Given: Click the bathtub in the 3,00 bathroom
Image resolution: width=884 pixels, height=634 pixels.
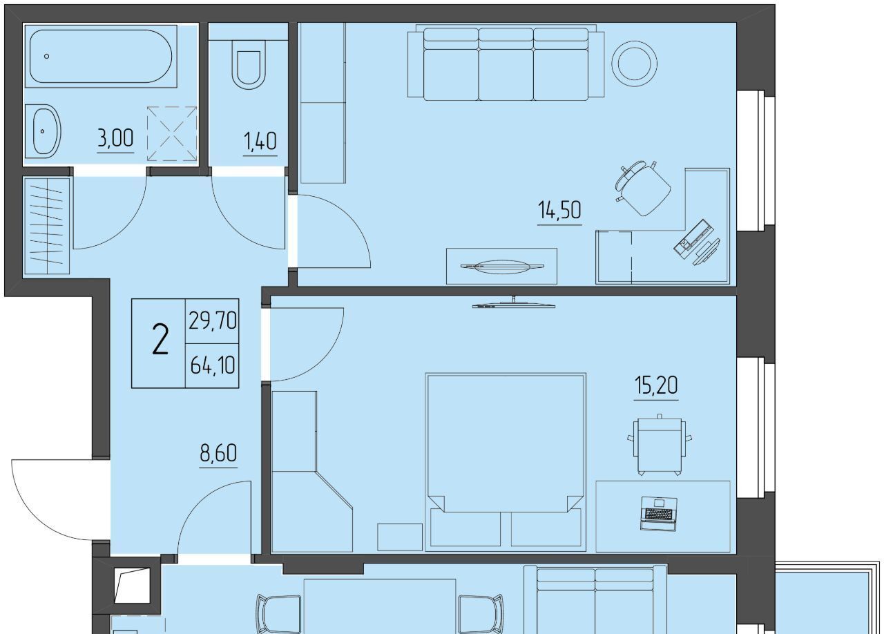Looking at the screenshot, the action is (x=101, y=56).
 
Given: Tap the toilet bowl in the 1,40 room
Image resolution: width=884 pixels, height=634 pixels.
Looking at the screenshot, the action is (x=249, y=65).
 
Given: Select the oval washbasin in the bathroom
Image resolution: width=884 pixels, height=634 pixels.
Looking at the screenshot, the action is (x=43, y=131).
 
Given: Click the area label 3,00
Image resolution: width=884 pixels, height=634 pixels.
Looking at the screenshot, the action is (x=115, y=139).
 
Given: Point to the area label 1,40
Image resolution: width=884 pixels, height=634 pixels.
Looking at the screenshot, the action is (x=260, y=142).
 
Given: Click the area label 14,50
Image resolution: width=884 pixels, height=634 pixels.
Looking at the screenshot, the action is (x=559, y=210).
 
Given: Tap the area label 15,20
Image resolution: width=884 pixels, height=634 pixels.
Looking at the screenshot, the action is (x=656, y=385).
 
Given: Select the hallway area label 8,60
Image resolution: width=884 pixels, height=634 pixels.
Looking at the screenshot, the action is (x=218, y=453).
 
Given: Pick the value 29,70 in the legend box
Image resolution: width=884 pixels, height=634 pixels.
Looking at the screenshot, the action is (x=212, y=320).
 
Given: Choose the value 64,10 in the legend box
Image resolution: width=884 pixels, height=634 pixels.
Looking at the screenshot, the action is (x=212, y=365).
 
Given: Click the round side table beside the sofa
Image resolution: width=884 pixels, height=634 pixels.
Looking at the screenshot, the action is (x=634, y=64).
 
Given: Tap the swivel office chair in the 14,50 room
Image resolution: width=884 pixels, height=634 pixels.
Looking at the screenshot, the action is (x=643, y=188).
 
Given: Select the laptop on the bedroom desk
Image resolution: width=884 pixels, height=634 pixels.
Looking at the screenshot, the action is (x=659, y=513).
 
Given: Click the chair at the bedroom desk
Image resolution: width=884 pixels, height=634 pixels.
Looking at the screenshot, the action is (x=660, y=445).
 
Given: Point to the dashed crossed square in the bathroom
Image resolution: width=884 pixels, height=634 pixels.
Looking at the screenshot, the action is (x=172, y=133).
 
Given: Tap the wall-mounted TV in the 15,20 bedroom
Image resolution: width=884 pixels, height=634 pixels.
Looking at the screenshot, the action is (x=514, y=303).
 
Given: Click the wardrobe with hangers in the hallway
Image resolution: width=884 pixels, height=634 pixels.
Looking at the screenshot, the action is (x=47, y=226).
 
